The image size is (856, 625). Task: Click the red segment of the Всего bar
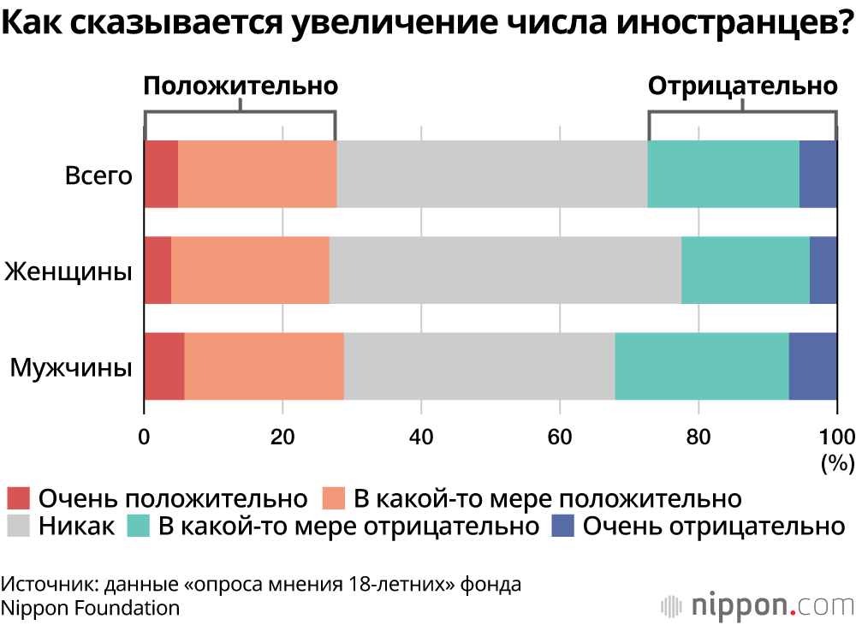point(161,174)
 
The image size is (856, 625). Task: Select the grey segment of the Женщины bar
point(505,270)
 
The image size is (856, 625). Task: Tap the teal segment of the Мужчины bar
point(701,366)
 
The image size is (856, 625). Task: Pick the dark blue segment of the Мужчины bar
point(812,366)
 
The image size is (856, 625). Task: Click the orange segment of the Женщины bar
point(250,270)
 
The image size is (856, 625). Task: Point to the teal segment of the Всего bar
point(723,174)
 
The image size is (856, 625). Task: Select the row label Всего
point(99,176)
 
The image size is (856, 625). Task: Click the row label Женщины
point(68,272)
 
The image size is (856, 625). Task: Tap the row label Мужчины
point(71,368)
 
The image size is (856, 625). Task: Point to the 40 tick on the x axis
point(420,435)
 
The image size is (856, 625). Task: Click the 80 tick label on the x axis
point(698,435)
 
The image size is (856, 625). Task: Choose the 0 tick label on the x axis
point(145,435)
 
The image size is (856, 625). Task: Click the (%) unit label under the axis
point(837,463)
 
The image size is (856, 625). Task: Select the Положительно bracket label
point(241,86)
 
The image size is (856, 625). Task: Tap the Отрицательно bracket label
point(741,86)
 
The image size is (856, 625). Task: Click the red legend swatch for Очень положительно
point(18,498)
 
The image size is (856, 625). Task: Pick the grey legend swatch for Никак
point(18,525)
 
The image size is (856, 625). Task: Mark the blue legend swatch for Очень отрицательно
point(562,525)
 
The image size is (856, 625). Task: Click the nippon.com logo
point(757,604)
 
